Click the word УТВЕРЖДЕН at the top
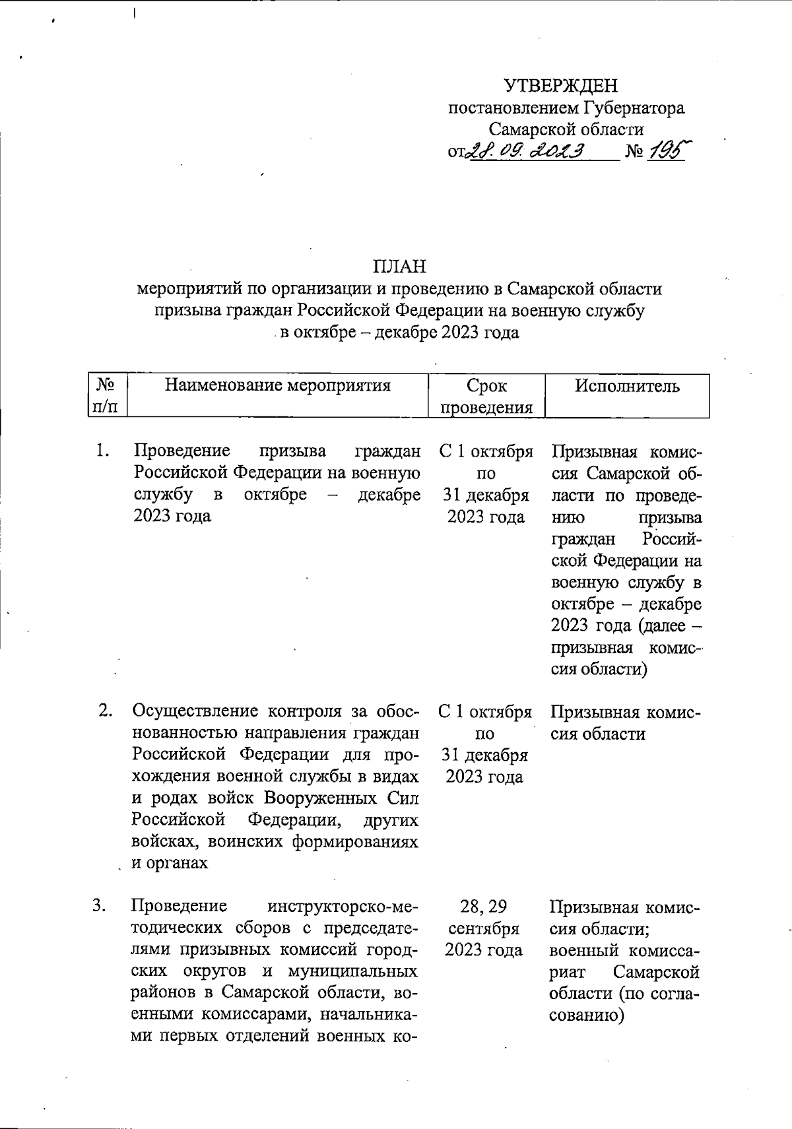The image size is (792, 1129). coord(561,86)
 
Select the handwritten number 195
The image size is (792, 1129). coord(667,151)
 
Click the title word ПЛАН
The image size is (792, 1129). coord(400,267)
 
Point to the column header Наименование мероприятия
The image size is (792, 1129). coord(277,385)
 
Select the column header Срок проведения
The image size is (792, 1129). coord(486,396)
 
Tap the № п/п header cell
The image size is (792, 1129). coord(107,396)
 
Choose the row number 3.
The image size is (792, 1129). coord(100,906)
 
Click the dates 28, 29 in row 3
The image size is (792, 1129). coord(484,907)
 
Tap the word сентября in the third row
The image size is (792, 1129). coord(484,928)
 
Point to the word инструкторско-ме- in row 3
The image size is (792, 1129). coord(339,906)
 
